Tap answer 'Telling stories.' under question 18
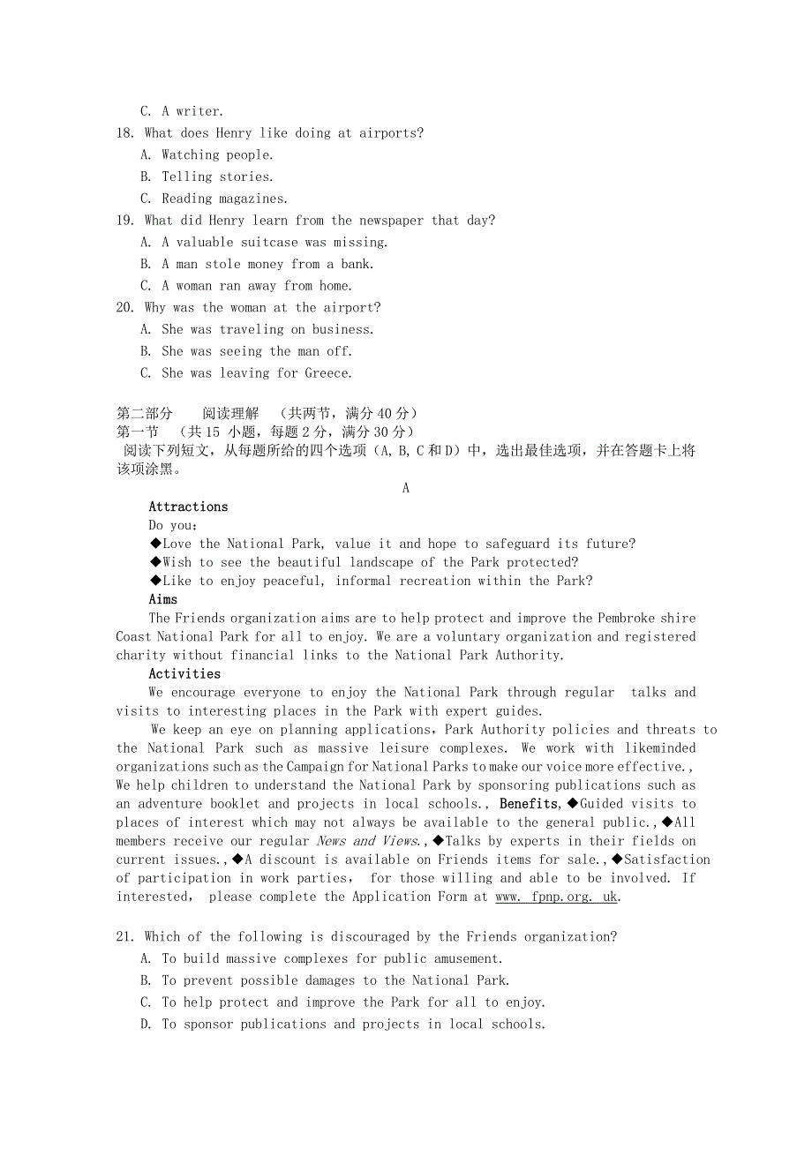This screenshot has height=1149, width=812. tap(217, 176)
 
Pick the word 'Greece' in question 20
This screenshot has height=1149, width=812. tap(327, 373)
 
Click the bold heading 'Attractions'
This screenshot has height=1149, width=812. tap(188, 507)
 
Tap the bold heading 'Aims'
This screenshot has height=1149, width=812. tap(163, 599)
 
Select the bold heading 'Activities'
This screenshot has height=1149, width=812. tap(184, 673)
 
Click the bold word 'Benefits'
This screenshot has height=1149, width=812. tap(529, 803)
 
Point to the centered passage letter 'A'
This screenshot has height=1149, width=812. tap(406, 488)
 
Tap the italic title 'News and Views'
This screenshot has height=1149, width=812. tap(367, 841)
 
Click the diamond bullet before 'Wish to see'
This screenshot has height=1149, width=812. tap(155, 562)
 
